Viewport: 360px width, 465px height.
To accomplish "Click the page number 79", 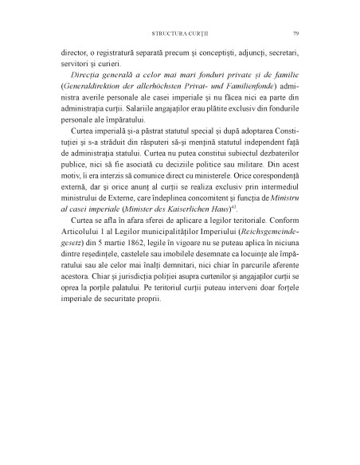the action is [295, 33].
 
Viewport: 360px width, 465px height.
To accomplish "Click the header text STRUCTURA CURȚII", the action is [179, 33].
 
